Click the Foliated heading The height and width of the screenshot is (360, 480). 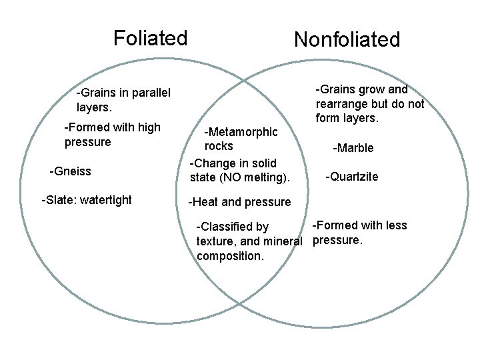click(x=150, y=38)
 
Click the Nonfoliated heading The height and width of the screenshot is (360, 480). click(x=347, y=39)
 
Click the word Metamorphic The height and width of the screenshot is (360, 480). click(x=242, y=131)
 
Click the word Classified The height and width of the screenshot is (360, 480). click(x=235, y=227)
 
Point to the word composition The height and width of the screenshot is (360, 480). click(x=231, y=256)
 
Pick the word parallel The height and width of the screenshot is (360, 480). click(x=149, y=93)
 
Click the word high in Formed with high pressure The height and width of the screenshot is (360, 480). click(x=147, y=127)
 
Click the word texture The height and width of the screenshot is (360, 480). click(x=215, y=241)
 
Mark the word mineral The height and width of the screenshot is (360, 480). click(x=282, y=241)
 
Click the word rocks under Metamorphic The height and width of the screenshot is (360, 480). click(x=219, y=146)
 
